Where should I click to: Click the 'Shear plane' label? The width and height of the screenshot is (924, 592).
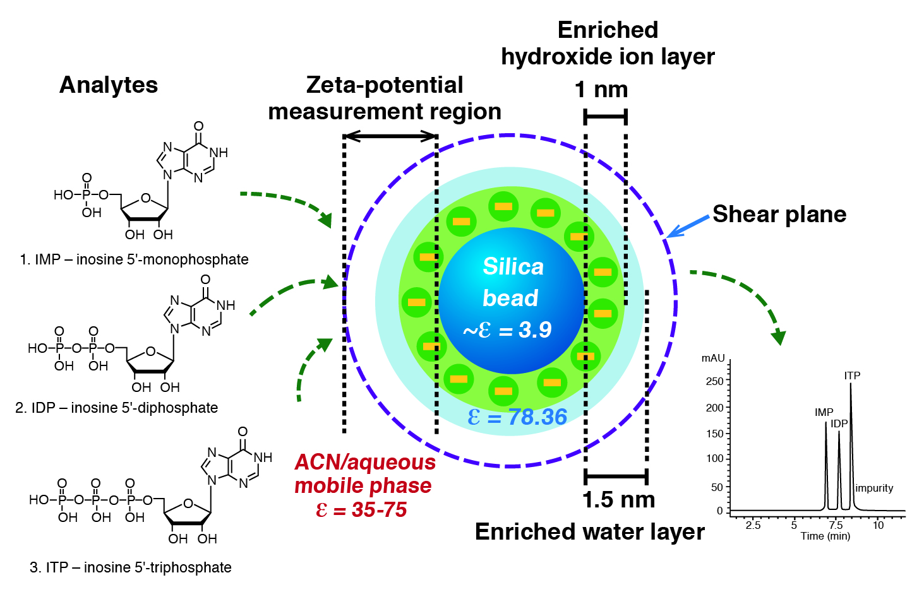click(x=779, y=215)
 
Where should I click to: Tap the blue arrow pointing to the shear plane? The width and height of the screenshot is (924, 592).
click(x=688, y=227)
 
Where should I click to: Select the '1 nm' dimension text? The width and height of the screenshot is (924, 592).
click(x=601, y=90)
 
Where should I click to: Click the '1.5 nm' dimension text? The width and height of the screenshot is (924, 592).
click(x=618, y=500)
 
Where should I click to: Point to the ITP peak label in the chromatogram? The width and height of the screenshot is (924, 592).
click(x=852, y=376)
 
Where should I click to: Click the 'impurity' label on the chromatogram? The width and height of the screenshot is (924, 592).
click(x=874, y=488)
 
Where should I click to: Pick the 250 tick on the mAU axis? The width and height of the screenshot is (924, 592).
click(x=715, y=381)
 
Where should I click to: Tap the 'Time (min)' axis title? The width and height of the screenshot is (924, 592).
click(x=825, y=536)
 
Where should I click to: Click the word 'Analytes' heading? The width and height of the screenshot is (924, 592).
click(x=109, y=85)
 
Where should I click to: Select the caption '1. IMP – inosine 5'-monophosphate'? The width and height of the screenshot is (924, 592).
click(x=134, y=259)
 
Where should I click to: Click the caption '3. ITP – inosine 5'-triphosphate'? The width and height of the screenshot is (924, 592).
click(x=131, y=567)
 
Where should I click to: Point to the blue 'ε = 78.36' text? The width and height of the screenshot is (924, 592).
click(x=517, y=417)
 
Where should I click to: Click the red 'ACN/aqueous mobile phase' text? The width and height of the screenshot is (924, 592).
click(x=364, y=474)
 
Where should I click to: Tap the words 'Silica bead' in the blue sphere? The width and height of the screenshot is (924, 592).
click(x=512, y=282)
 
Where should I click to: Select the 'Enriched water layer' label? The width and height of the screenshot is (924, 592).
click(x=589, y=532)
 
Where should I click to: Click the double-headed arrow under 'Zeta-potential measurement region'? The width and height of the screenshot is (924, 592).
click(x=390, y=136)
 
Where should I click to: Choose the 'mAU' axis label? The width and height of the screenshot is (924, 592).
click(x=713, y=358)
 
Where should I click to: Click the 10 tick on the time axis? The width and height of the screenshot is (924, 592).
click(x=878, y=525)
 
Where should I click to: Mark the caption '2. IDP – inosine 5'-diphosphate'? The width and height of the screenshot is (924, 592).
click(x=116, y=408)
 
